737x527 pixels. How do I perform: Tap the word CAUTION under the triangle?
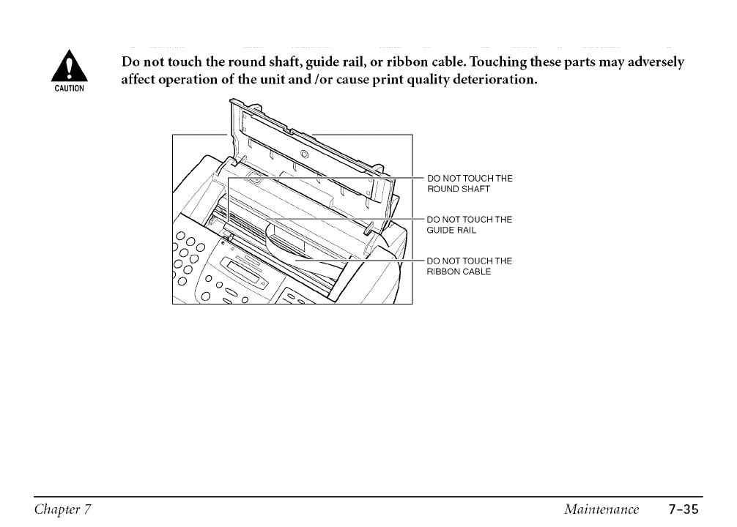[x=72, y=89]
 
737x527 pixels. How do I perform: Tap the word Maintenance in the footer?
[x=601, y=508]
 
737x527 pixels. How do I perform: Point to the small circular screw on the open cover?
[x=305, y=154]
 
